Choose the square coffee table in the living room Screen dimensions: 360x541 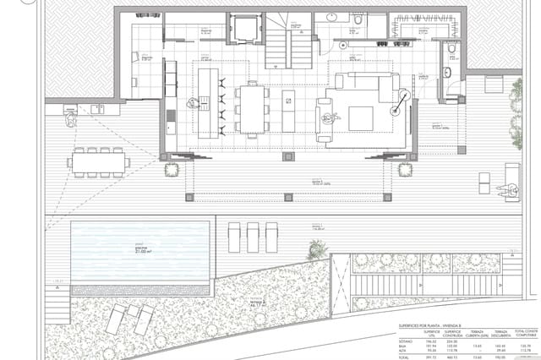(x=361, y=117)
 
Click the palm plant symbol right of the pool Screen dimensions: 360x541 (x=317, y=249)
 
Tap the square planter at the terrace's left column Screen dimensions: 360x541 (x=172, y=169)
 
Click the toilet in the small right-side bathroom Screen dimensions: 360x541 (x=453, y=57)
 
